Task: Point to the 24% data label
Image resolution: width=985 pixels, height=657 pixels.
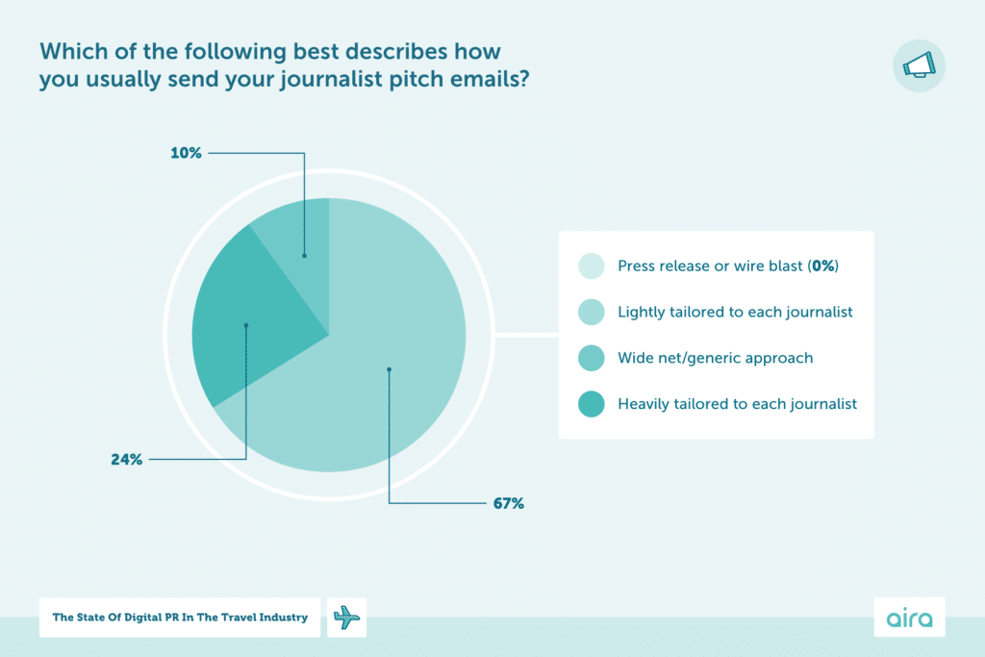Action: point(126,460)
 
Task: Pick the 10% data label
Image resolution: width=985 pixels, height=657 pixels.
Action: point(188,152)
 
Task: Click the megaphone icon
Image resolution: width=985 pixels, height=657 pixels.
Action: point(919,65)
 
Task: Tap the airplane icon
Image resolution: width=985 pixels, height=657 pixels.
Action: point(347,618)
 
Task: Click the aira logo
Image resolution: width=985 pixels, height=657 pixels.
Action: point(909,618)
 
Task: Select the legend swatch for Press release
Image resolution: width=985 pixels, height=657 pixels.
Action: point(591,266)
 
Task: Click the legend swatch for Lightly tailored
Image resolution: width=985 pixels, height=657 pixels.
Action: point(591,312)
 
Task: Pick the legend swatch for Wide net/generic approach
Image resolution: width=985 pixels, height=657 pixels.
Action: point(591,358)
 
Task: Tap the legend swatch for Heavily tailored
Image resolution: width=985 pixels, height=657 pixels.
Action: point(591,404)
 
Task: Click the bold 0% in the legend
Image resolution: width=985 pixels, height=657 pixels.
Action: point(822,266)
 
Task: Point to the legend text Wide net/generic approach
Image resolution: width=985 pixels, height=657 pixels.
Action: point(715,358)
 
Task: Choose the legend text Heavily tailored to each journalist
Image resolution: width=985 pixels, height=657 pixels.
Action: point(737,404)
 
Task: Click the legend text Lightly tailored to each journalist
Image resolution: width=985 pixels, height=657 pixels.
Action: point(735,312)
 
